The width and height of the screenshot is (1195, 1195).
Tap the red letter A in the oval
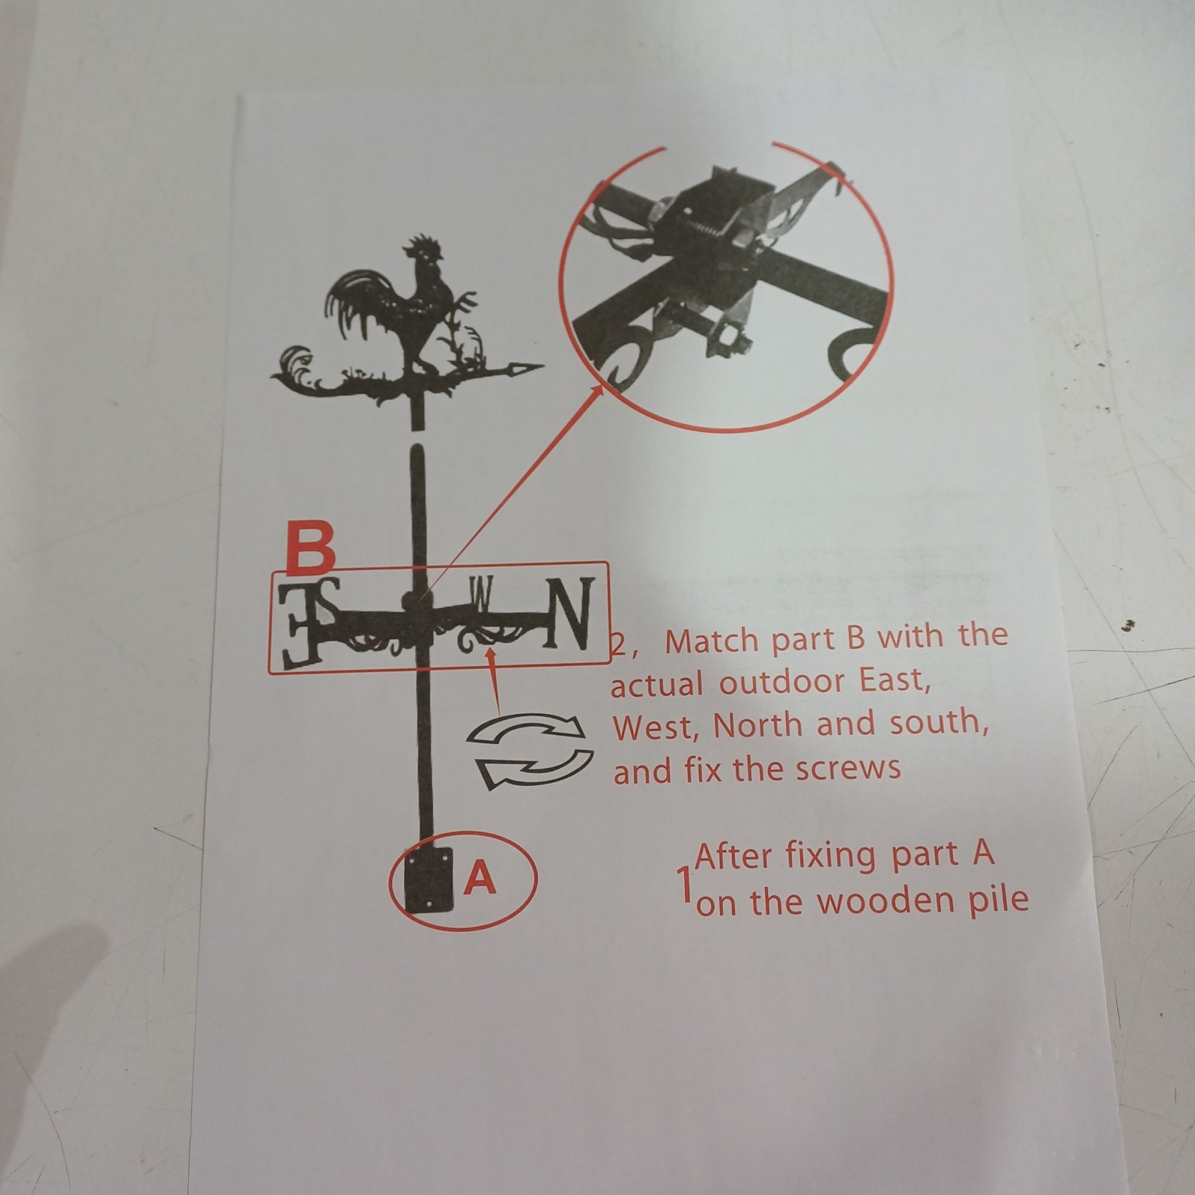pyautogui.click(x=480, y=879)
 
